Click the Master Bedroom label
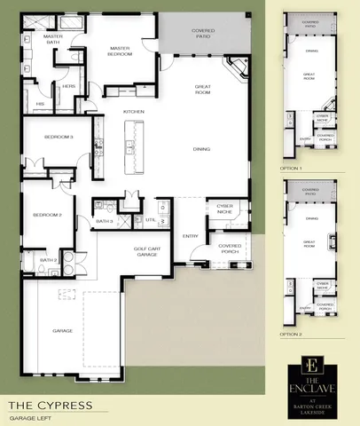121,51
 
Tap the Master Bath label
54,39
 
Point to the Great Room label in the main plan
202,88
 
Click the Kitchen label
134,111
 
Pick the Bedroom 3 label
47,138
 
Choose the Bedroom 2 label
46,215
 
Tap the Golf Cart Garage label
146,251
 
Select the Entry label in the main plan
191,235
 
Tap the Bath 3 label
104,220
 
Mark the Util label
151,219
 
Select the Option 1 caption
291,167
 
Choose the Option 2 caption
291,335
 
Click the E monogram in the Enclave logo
311,365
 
